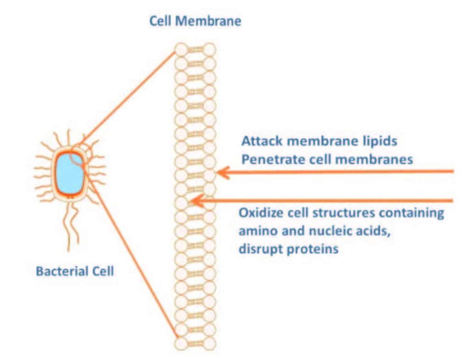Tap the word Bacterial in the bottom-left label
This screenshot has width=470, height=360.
pos(59,271)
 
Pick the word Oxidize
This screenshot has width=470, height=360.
pos(260,214)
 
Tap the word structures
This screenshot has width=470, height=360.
pos(341,214)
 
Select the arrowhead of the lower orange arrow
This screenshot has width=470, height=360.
pos(195,201)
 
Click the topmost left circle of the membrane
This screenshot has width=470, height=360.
pos(182,49)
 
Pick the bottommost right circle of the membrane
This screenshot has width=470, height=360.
pos(209,343)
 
